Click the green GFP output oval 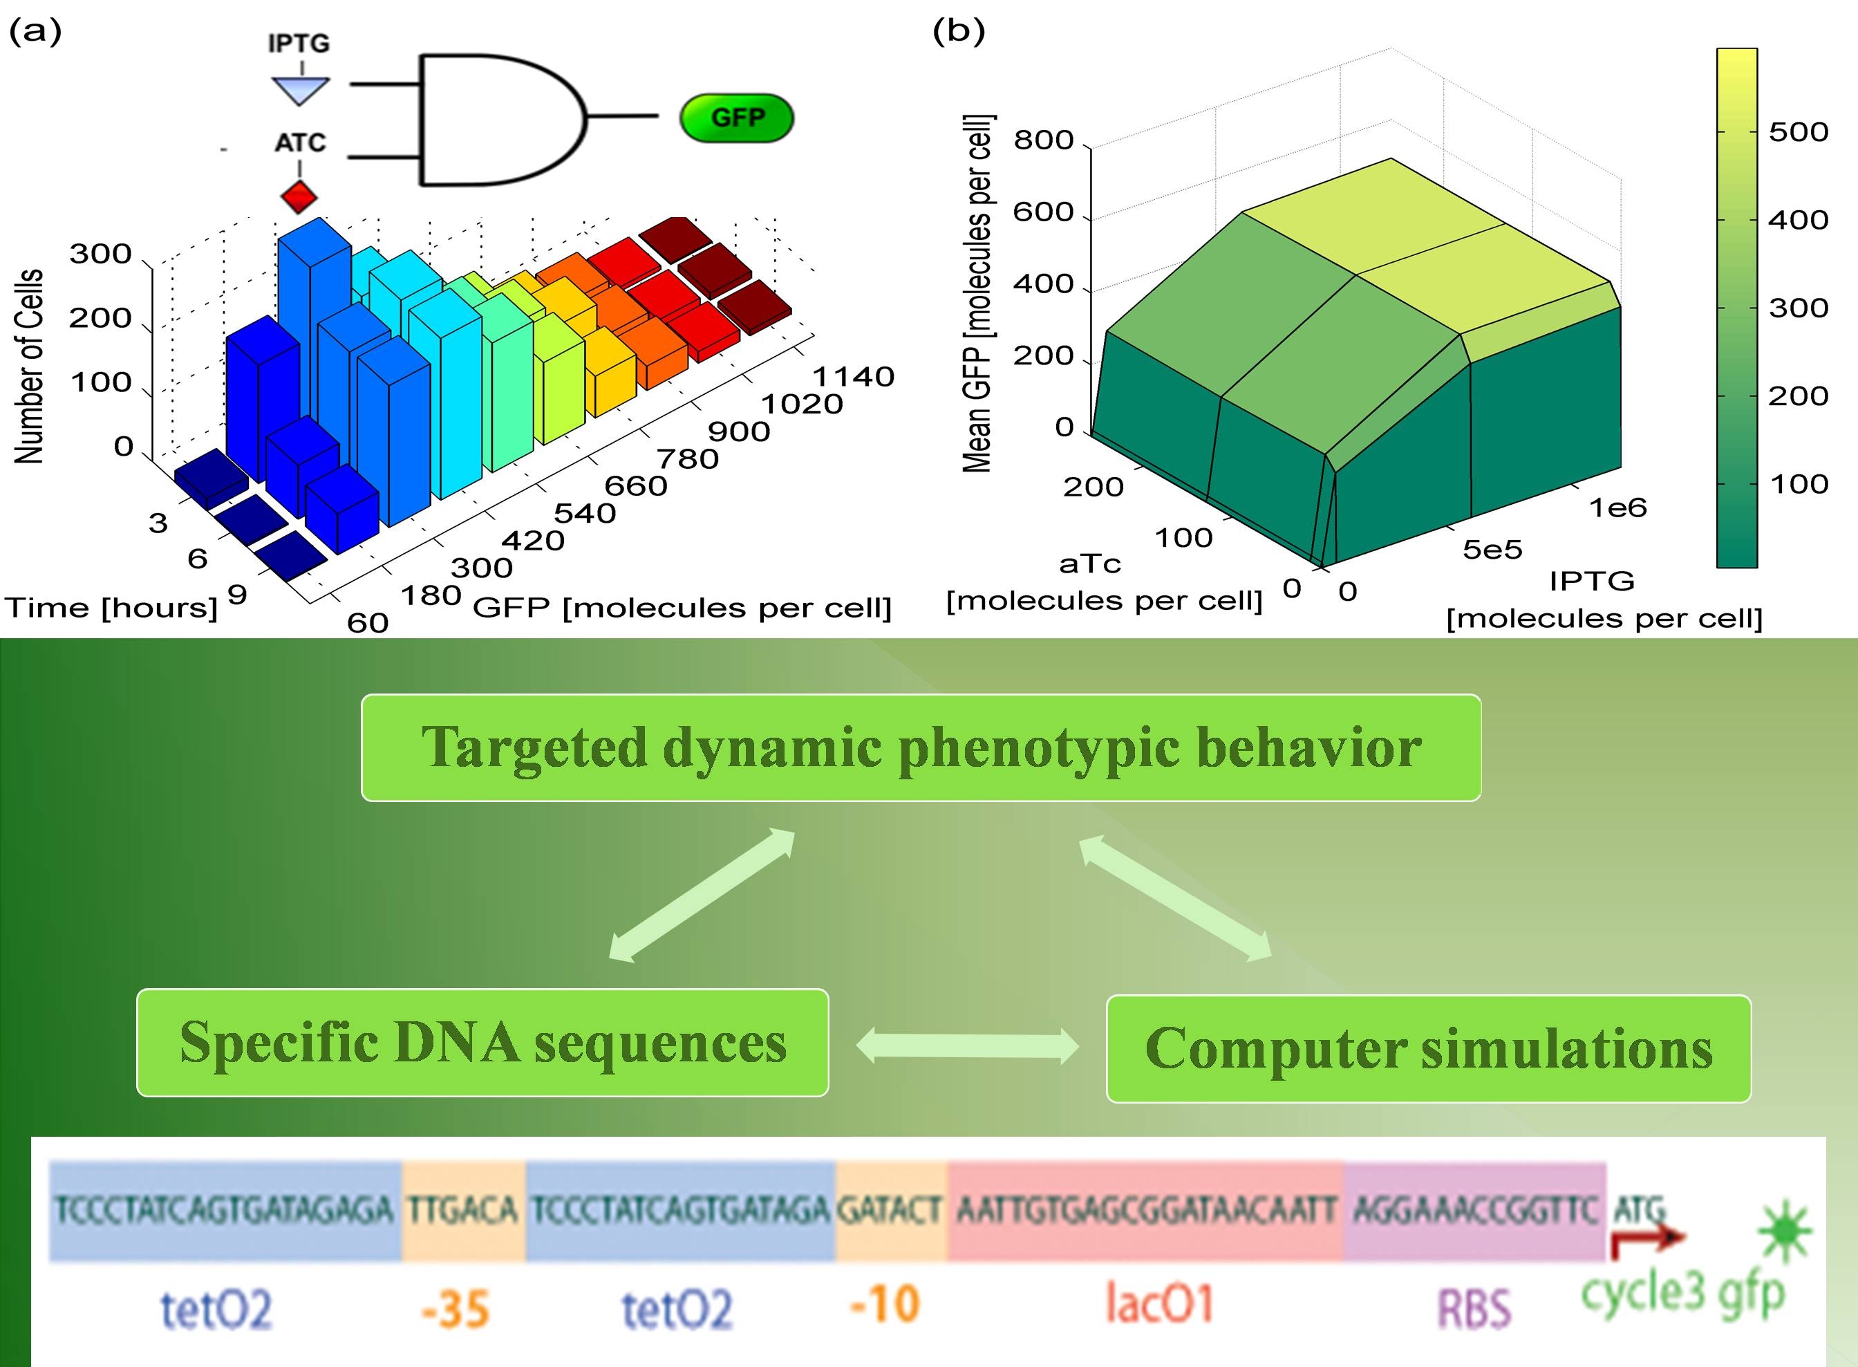point(736,118)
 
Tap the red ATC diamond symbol point(299,197)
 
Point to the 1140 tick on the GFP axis point(853,377)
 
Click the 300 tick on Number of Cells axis point(100,253)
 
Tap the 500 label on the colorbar point(1798,131)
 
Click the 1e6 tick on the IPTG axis point(1617,508)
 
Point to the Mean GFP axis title point(979,293)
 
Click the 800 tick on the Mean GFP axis point(1043,140)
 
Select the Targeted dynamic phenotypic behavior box point(921,747)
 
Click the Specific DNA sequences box point(482,1043)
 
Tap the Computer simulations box point(1429,1048)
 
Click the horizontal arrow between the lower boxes point(967,1046)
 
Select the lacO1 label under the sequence point(1159,1303)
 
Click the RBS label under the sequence point(1474,1308)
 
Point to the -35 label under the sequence point(455,1309)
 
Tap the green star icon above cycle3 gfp point(1784,1231)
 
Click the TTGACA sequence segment point(463,1211)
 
